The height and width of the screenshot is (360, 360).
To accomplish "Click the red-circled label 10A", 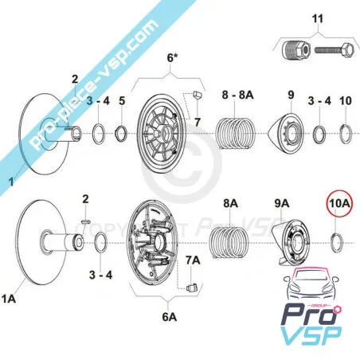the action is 339,203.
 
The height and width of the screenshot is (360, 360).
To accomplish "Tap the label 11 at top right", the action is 318,19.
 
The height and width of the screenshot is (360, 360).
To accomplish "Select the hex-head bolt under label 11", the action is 335,49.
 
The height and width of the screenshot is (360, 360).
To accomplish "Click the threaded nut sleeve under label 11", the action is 295,50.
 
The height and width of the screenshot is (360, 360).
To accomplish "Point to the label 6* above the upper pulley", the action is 172,58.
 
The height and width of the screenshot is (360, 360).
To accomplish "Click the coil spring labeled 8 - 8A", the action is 235,133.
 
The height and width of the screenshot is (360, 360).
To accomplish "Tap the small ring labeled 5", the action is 121,133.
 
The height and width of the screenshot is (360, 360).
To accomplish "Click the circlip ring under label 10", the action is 346,134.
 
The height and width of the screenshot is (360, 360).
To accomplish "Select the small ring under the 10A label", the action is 337,243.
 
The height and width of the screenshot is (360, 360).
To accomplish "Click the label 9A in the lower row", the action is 282,203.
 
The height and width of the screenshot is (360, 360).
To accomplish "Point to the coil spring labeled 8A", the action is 229,242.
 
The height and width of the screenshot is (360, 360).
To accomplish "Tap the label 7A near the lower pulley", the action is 193,260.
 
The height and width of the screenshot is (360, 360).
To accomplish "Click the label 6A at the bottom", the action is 170,317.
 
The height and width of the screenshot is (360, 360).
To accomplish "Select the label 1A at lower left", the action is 9,299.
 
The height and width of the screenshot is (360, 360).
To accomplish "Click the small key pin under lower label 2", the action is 86,221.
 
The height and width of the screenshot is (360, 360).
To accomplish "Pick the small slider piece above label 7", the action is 198,95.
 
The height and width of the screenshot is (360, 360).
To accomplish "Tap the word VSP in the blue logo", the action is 311,335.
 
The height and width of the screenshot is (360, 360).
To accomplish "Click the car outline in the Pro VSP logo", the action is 311,287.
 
